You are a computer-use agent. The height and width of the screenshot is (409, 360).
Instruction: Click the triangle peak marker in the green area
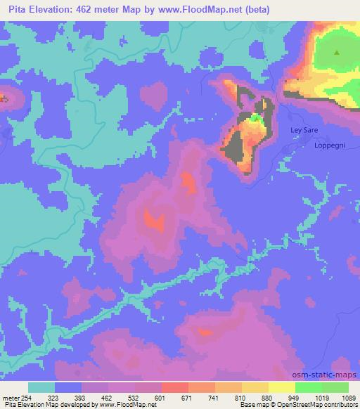coord(337,53)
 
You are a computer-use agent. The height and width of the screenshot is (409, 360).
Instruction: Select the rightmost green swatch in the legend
coord(335,387)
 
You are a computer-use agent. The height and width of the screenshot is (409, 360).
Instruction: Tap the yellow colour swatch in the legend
coord(282,387)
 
